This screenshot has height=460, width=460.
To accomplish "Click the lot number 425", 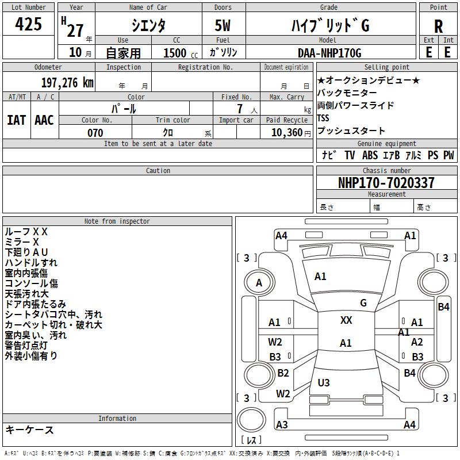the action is coord(28,24).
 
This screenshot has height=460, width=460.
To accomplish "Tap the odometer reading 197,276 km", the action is coord(67,83).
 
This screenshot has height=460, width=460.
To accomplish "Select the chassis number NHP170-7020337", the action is coord(386,182).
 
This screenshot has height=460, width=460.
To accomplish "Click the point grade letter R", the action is coord(438,26).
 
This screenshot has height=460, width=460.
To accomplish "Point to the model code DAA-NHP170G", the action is coord(329,53).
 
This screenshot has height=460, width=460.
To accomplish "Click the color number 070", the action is coord(95,133).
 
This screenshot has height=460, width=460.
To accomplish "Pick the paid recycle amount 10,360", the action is coord(287,133).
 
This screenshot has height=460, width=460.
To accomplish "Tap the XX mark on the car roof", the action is coord(346,320).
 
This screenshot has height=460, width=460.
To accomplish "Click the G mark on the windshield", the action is coord(363,303).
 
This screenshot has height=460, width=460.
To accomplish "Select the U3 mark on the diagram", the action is coord(324,382).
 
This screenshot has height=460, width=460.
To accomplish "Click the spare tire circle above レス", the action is coord(251,420).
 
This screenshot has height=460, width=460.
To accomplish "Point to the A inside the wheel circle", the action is coord(259,283).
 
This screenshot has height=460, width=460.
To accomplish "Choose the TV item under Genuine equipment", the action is coord(350,155).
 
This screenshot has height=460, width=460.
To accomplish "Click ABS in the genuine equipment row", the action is coord(370,155).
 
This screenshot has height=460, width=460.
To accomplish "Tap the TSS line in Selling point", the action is coord(323,118).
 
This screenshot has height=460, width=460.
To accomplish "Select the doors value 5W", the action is coord(223,25).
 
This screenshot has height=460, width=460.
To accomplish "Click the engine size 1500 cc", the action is coord(181,53).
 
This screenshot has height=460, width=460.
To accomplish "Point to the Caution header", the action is coord(158,170).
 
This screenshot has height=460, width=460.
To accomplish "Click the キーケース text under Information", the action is coord(29,430).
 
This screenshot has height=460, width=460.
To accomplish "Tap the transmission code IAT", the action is coord(17,120).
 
